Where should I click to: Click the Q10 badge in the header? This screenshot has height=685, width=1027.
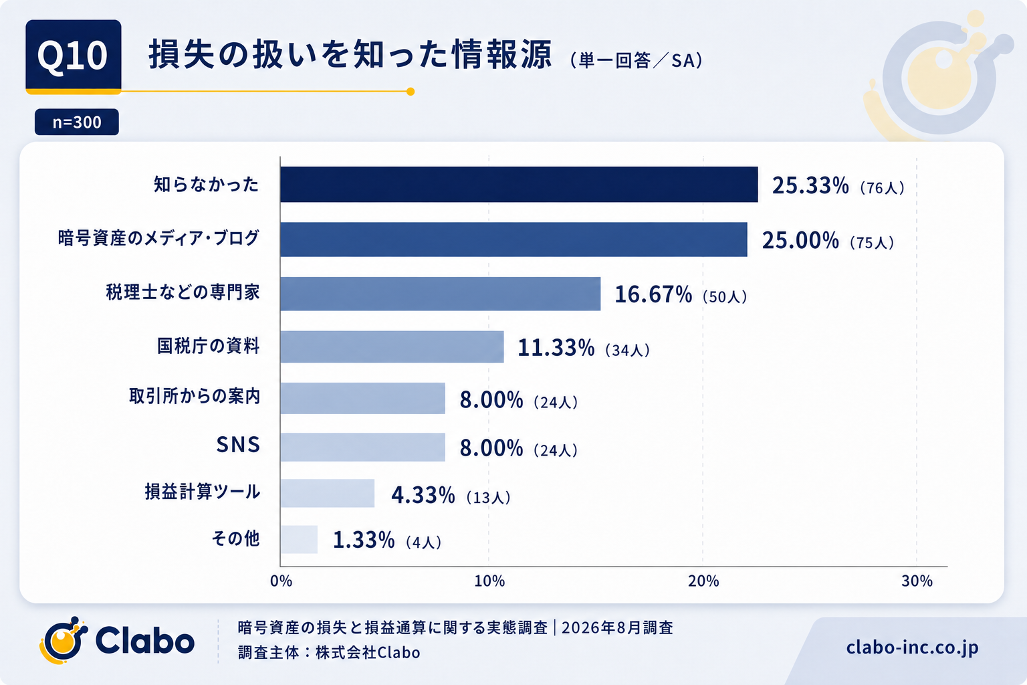click(74, 56)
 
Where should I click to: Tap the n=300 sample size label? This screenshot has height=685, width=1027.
click(77, 122)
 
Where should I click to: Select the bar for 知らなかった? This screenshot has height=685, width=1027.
click(519, 185)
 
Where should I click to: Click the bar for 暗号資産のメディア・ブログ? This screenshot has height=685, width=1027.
click(513, 239)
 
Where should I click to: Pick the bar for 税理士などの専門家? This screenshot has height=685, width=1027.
click(440, 294)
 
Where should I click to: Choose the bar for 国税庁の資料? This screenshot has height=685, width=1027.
click(392, 347)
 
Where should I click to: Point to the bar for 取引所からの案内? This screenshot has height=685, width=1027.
click(362, 398)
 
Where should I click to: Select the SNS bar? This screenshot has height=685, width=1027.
click(362, 447)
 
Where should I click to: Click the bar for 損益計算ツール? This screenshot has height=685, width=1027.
click(328, 493)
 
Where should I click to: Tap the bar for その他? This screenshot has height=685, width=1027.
click(299, 540)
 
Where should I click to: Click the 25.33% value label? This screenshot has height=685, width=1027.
click(810, 185)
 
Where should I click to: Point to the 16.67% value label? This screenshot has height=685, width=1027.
click(653, 294)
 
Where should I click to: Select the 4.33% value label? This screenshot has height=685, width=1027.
click(423, 495)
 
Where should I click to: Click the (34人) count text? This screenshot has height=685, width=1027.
click(627, 350)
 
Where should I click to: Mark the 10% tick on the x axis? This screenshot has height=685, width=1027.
click(489, 581)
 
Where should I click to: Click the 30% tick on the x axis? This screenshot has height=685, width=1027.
click(917, 581)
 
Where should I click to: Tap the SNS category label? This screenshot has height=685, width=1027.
click(238, 445)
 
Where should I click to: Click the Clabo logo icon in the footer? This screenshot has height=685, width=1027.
click(64, 640)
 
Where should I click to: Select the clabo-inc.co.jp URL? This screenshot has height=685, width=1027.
click(913, 648)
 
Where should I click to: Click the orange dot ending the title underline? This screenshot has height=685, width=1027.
click(411, 92)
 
